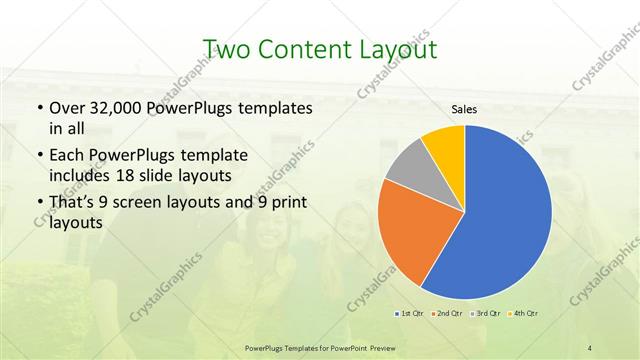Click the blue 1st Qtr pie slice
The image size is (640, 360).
click(505, 215)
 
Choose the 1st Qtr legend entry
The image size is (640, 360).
click(408, 313)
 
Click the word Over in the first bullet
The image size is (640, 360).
click(65, 107)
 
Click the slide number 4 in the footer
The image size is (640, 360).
click(590, 347)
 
